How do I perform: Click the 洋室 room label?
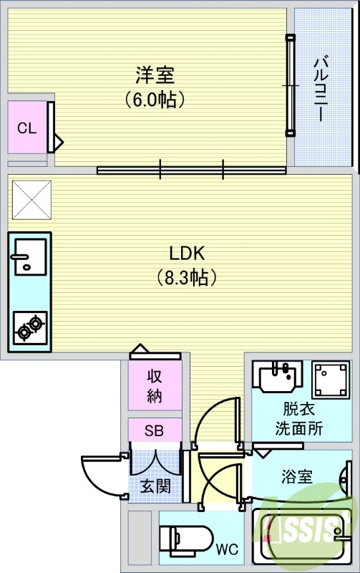click(155, 74)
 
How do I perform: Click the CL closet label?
click(26, 128)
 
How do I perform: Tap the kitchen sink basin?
click(29, 256)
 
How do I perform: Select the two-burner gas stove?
click(29, 327)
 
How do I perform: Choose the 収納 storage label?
click(155, 385)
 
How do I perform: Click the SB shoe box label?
click(155, 431)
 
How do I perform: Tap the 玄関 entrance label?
click(155, 486)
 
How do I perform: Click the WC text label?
click(227, 550)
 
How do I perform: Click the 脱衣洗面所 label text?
click(299, 420)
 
